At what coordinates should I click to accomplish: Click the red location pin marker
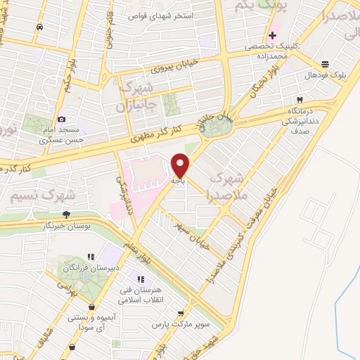[x=181, y=165]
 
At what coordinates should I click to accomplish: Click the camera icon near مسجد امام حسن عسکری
[x=63, y=120]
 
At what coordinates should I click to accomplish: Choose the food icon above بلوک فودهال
[x=324, y=63]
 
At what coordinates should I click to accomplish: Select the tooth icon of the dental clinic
[x=300, y=100]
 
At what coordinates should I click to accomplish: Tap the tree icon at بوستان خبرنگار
[x=66, y=214]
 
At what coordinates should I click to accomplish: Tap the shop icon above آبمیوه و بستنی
[x=92, y=307]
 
